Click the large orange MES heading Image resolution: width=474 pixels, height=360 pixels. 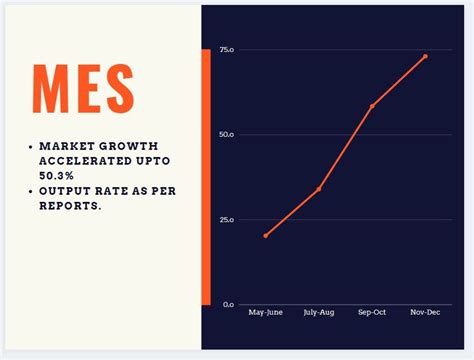pos(83,89)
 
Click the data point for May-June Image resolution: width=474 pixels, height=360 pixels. pos(265,236)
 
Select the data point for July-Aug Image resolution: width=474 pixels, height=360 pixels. pos(319,189)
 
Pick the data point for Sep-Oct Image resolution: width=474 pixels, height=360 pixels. pos(372,106)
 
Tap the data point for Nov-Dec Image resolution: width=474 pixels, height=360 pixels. pos(425,57)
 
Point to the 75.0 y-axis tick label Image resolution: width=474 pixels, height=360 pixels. pos(227,50)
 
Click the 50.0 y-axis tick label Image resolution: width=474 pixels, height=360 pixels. pos(227,135)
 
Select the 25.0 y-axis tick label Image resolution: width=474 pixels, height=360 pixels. pos(227,219)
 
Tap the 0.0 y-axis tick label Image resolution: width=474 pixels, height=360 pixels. pos(229,304)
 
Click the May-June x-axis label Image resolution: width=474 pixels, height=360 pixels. pos(265,313)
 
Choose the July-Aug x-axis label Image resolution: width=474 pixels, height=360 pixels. pos(319,313)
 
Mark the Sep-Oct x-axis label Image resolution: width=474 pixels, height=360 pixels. pos(372,313)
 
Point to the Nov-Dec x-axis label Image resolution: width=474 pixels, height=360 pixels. pos(425,313)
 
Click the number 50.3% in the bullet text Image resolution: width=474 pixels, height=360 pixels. pos(59,175)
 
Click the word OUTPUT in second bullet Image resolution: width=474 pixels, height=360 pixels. pos(65,190)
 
